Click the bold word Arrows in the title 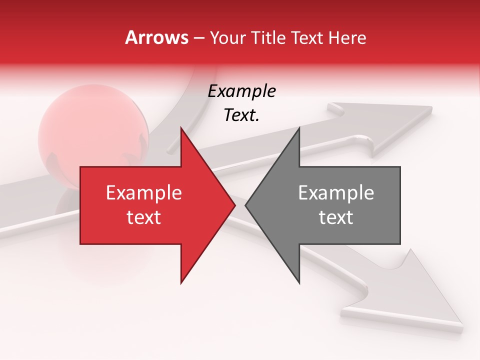(156, 37)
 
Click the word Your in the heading (226, 37)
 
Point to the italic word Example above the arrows (241, 91)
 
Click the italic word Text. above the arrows (241, 115)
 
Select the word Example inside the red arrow (144, 192)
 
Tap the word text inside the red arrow (144, 217)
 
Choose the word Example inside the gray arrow (336, 192)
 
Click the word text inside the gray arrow (336, 217)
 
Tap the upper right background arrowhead (395, 122)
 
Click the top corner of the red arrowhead (181, 128)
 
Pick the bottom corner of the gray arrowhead (299, 283)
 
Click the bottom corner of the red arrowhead (181, 283)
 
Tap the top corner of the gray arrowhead (299, 128)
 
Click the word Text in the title (306, 37)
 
